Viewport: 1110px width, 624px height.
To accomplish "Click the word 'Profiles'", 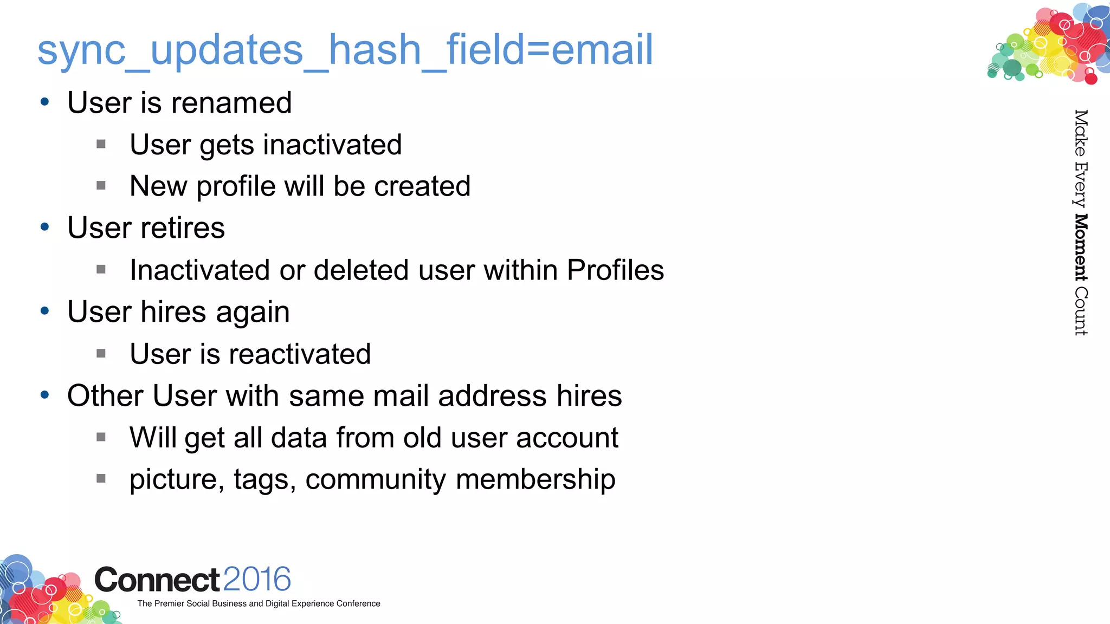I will (615, 270).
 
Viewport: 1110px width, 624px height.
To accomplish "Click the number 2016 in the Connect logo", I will (257, 580).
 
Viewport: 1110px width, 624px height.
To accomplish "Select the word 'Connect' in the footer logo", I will (157, 580).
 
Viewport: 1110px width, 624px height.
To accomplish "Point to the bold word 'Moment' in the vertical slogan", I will (1081, 247).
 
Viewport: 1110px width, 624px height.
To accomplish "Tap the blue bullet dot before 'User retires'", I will (45, 227).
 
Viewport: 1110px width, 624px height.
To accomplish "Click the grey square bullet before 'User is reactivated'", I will (101, 354).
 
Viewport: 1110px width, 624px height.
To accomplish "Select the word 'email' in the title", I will (602, 50).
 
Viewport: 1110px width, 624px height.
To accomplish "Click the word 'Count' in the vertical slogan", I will (1081, 311).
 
